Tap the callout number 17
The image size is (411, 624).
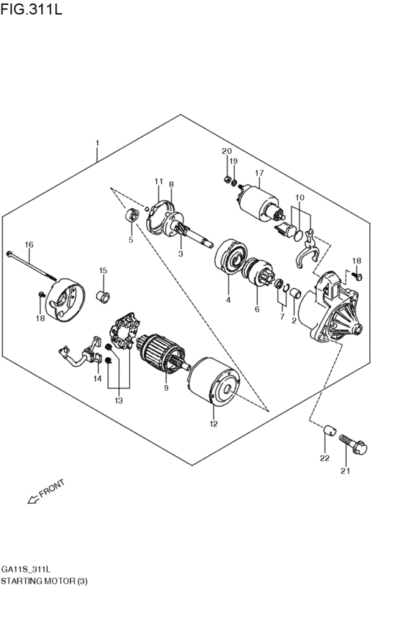point(259,173)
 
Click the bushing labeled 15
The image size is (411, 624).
point(103,297)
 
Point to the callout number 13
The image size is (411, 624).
point(119,400)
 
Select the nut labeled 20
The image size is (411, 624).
point(227,178)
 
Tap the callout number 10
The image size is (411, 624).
point(299,198)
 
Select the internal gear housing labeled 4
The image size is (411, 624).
point(230,260)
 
